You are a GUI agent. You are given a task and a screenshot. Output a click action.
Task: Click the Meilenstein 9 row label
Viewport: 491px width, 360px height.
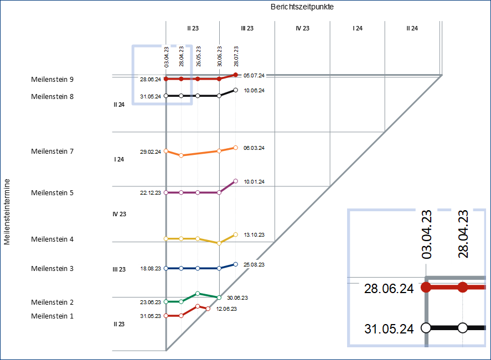(52, 80)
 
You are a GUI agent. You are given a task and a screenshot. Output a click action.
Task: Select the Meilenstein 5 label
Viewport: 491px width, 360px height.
(52, 193)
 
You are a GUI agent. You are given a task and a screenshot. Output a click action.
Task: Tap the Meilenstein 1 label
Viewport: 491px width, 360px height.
(52, 316)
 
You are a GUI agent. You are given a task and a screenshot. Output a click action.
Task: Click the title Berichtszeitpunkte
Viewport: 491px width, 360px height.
(302, 7)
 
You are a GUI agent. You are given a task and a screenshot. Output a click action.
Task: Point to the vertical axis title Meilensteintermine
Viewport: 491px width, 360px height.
(7, 211)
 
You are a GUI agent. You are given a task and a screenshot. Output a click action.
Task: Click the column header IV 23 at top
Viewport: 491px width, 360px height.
(302, 28)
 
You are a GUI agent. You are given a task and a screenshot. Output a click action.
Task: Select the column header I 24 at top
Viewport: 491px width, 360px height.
(358, 28)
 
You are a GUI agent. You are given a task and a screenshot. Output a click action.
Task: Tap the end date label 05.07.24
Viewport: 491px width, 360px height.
(254, 75)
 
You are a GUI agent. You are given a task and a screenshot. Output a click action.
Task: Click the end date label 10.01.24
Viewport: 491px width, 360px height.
(254, 181)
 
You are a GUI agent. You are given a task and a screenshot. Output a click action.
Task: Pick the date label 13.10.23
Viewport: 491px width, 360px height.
(254, 234)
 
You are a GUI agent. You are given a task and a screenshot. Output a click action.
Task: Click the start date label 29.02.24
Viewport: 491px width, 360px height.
(151, 152)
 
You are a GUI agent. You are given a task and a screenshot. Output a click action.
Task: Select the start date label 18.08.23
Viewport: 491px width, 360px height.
(151, 269)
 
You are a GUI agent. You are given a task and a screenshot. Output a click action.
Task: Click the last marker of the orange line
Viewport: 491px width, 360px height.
(236, 148)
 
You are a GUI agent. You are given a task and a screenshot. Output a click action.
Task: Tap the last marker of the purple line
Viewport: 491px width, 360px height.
(236, 181)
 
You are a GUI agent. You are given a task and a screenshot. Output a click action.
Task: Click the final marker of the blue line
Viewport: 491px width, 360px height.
(236, 264)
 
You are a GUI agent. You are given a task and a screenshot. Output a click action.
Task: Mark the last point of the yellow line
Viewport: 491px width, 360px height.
(236, 234)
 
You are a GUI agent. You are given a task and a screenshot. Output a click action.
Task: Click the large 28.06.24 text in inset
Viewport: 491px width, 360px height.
(389, 288)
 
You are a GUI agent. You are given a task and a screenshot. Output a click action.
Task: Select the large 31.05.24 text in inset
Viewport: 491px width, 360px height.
(389, 328)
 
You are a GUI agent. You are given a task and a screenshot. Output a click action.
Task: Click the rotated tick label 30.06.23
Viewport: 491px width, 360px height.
(220, 56)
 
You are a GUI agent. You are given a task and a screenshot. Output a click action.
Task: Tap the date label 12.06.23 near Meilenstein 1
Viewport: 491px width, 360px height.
(226, 309)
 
